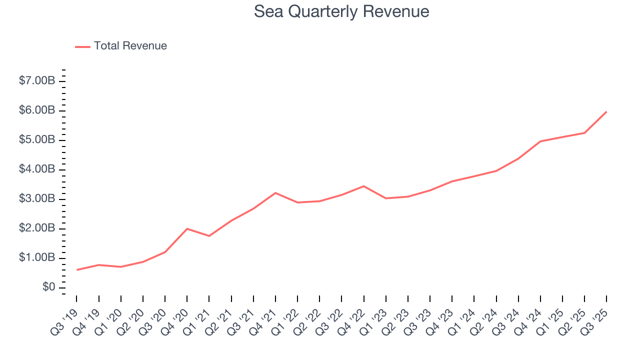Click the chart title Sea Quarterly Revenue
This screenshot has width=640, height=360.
(341, 11)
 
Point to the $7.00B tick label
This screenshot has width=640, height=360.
(36, 81)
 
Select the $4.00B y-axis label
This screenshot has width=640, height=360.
(36, 169)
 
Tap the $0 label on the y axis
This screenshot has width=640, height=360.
(48, 287)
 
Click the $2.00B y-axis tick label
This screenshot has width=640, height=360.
(36, 228)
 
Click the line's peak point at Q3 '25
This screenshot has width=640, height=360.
(606, 111)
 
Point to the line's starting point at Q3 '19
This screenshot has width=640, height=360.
(77, 269)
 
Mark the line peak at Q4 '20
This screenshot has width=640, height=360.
(187, 228)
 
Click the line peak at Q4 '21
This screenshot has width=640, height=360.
(275, 192)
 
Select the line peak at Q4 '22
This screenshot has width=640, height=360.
(363, 186)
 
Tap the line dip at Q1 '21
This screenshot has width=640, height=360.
(209, 236)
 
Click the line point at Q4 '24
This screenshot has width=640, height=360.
(540, 141)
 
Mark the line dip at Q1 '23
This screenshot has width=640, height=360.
(385, 198)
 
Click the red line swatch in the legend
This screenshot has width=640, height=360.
(82, 46)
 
